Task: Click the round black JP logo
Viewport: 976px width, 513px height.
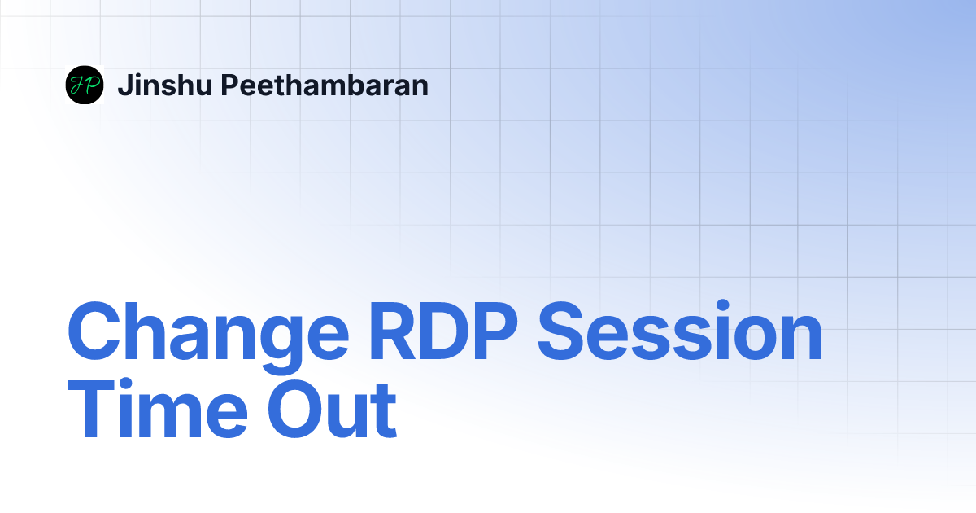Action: [85, 85]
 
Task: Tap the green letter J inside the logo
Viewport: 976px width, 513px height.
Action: [77, 86]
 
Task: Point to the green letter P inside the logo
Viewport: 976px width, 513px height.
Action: [90, 85]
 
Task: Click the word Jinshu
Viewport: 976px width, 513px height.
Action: [165, 85]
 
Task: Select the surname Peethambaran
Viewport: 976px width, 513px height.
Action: [325, 85]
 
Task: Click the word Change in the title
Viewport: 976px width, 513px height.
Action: [208, 337]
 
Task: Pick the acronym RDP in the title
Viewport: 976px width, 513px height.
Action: [443, 331]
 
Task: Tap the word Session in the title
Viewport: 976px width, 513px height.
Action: [680, 331]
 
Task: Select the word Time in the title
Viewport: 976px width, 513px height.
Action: [158, 408]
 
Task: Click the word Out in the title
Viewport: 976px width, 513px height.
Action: [332, 408]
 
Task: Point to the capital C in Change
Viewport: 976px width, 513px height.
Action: [94, 331]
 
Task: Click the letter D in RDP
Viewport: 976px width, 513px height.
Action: [442, 331]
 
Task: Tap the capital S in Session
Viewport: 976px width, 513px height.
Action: [560, 331]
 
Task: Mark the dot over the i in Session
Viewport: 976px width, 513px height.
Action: [723, 305]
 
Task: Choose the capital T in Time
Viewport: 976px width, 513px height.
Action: [91, 409]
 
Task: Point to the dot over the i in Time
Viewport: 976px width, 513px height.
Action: [125, 384]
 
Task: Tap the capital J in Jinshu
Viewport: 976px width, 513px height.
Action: [125, 85]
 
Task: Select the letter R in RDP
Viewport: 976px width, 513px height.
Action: [392, 331]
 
